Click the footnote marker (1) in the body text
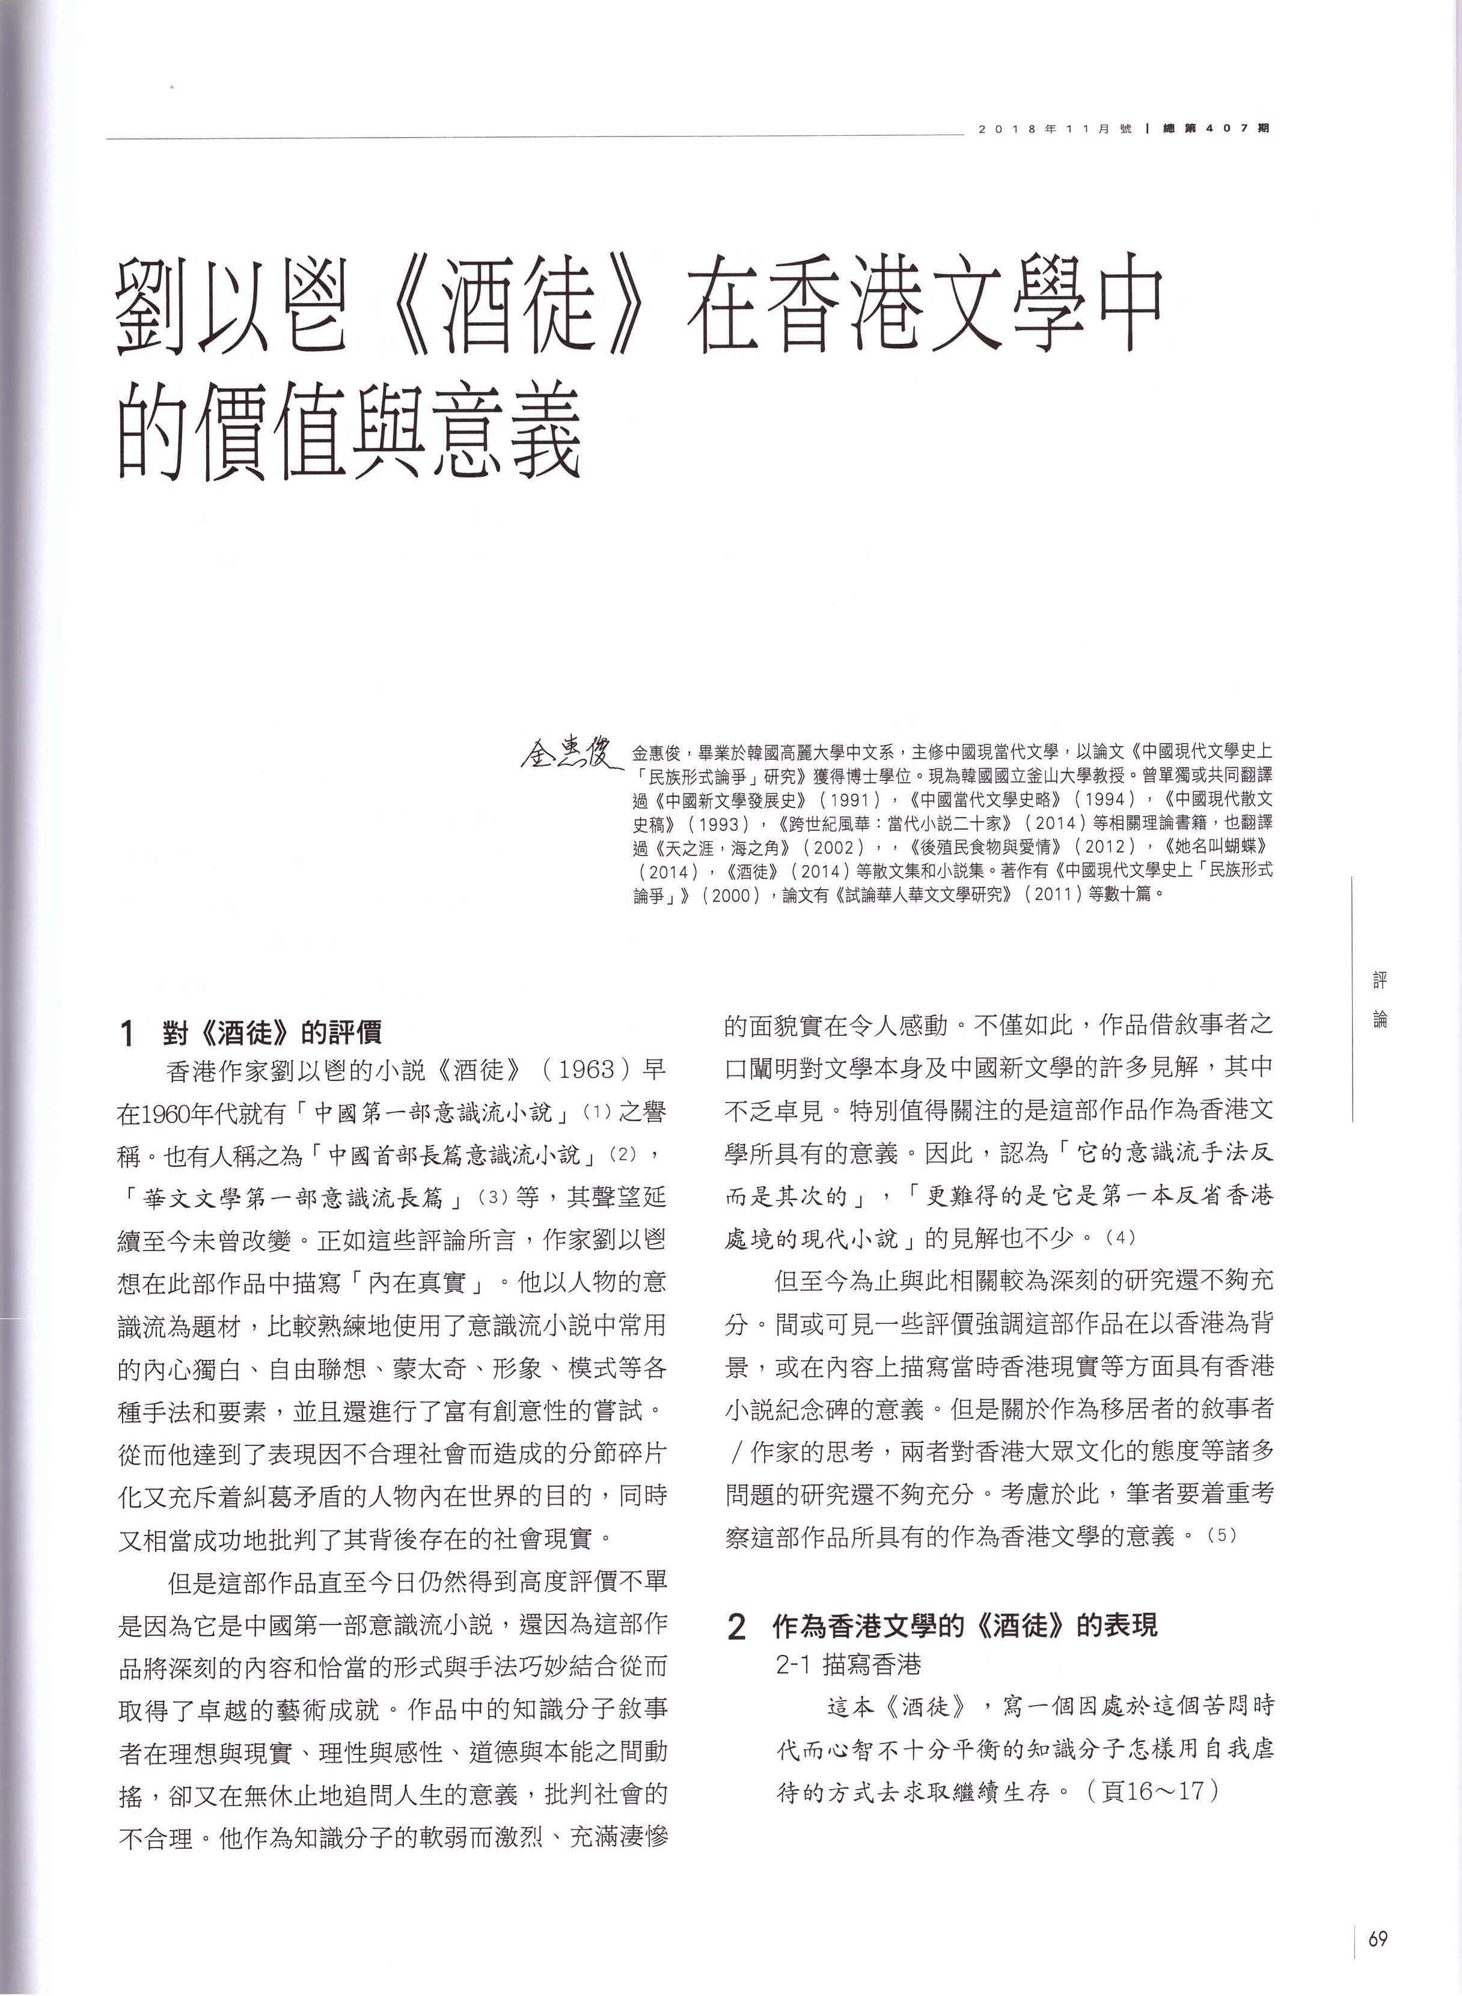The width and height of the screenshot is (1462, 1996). (x=596, y=1112)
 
